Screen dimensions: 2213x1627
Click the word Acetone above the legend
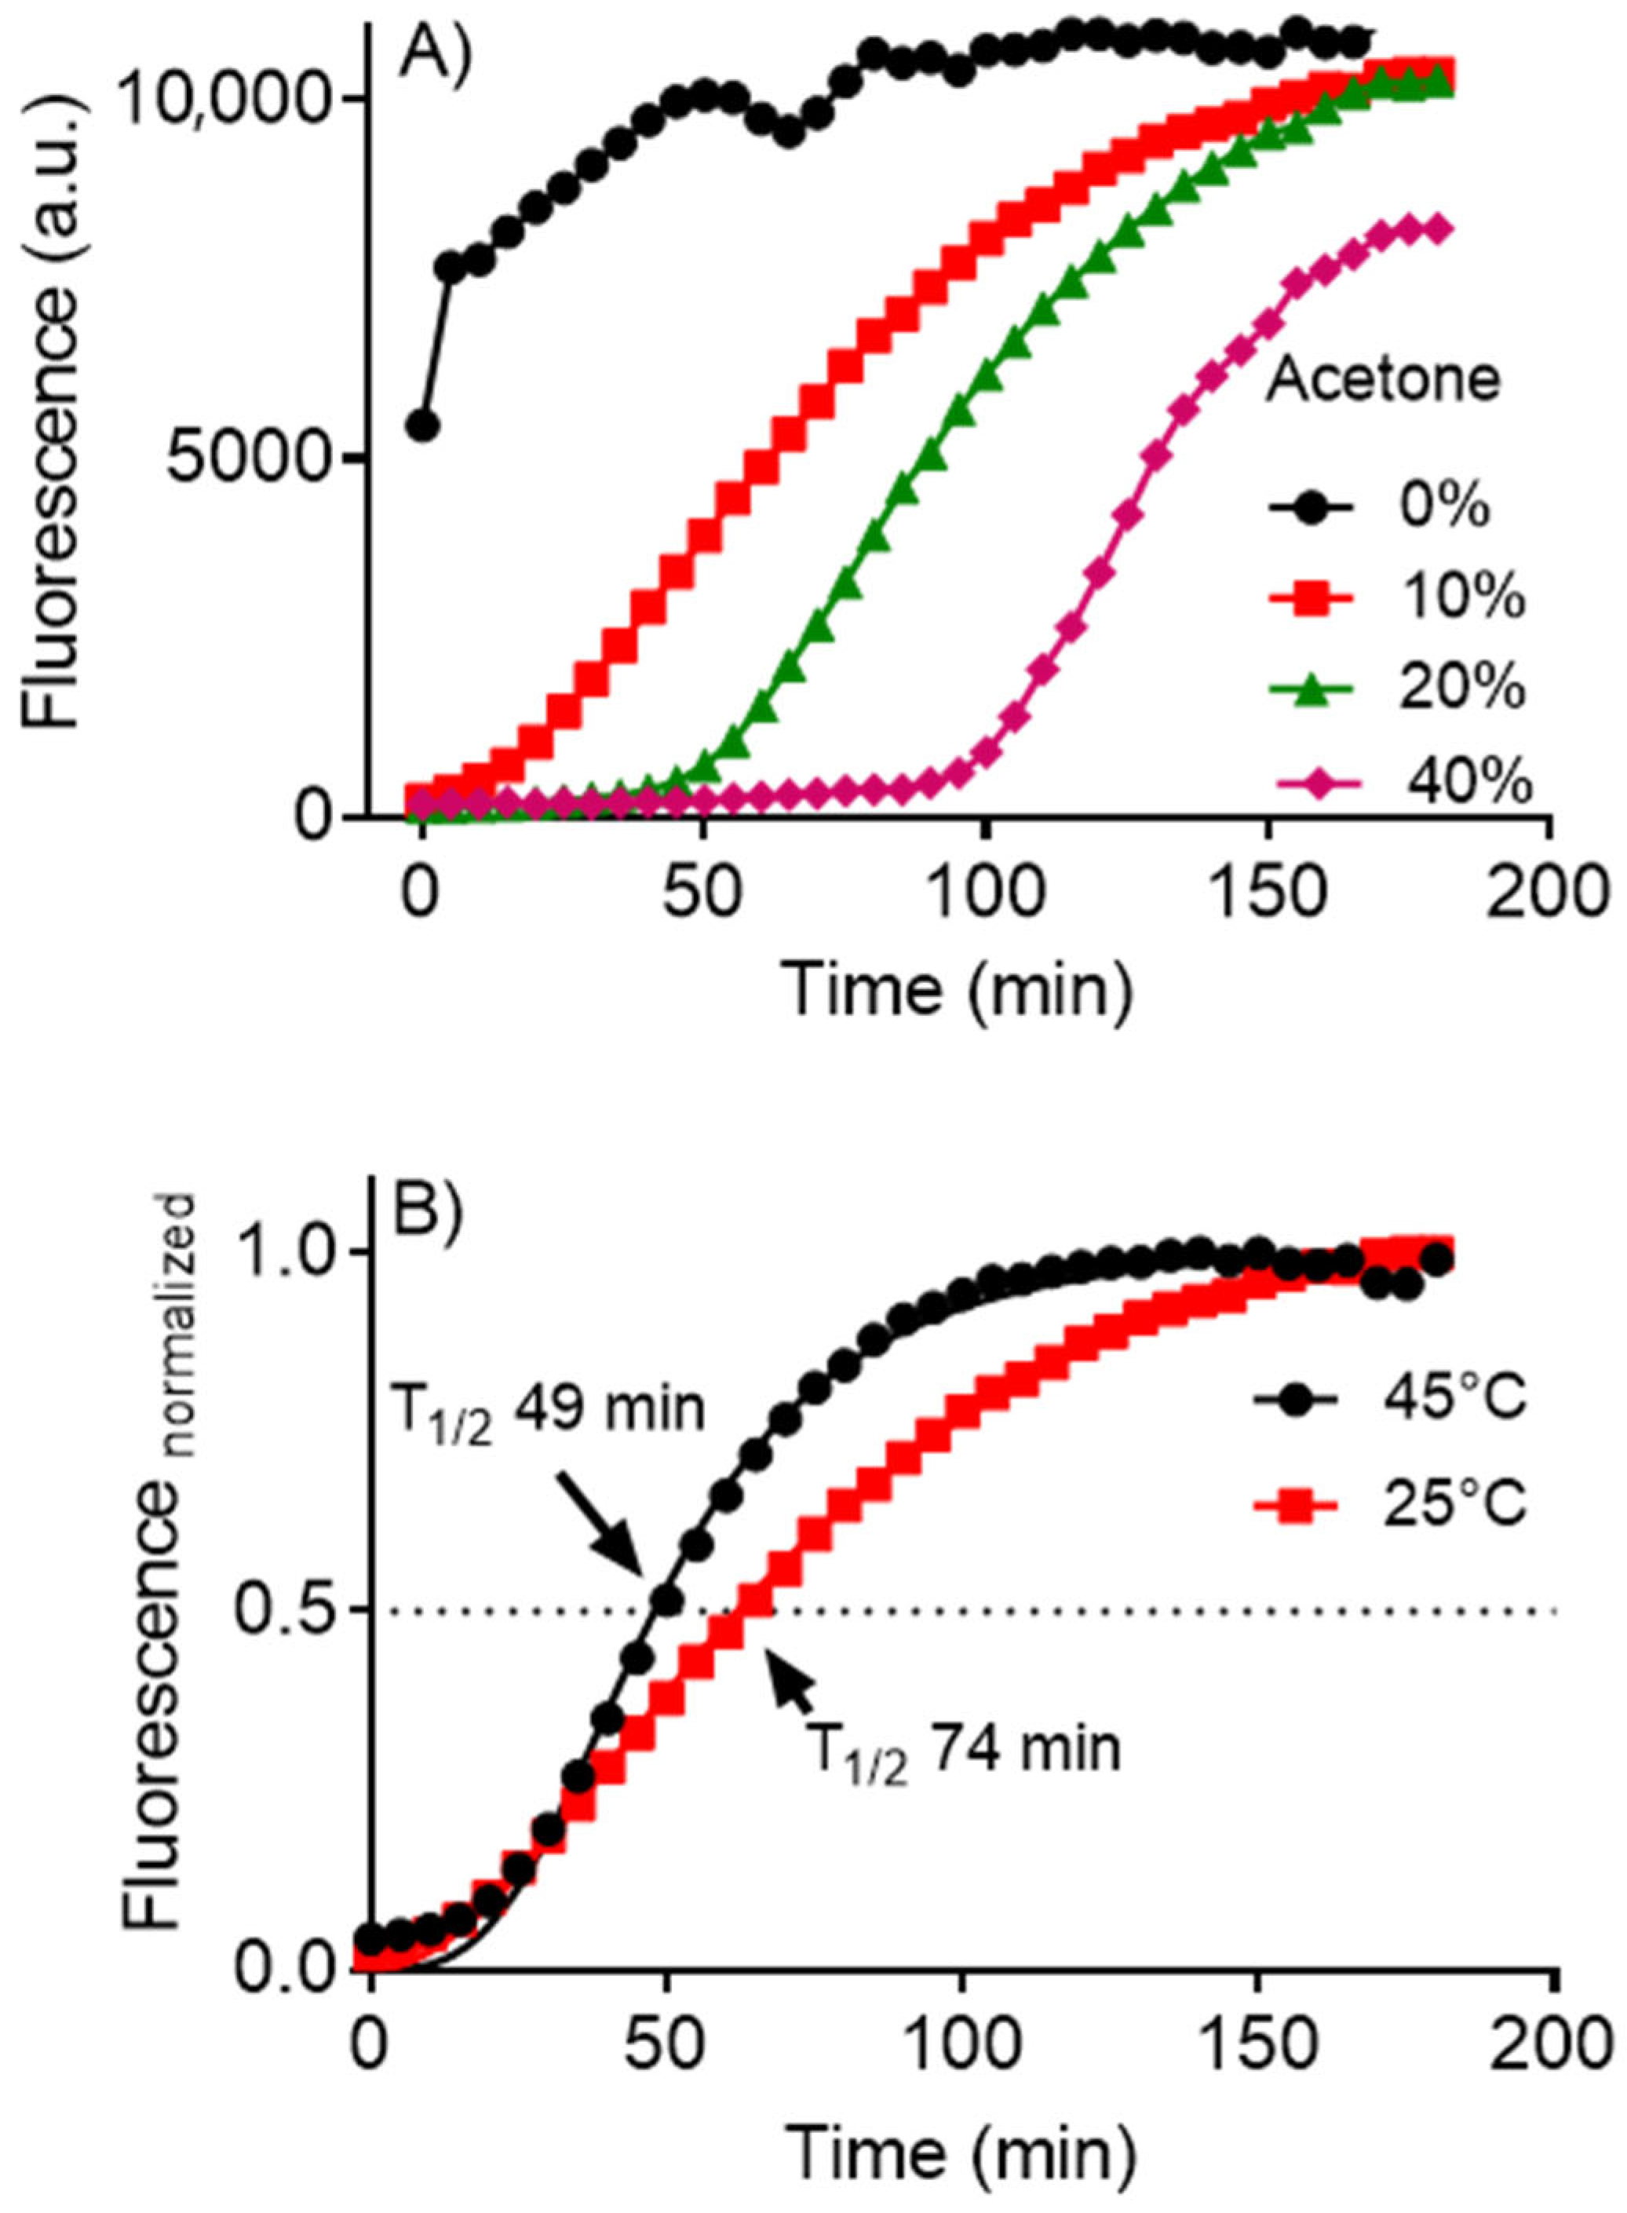[x=1383, y=380]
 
